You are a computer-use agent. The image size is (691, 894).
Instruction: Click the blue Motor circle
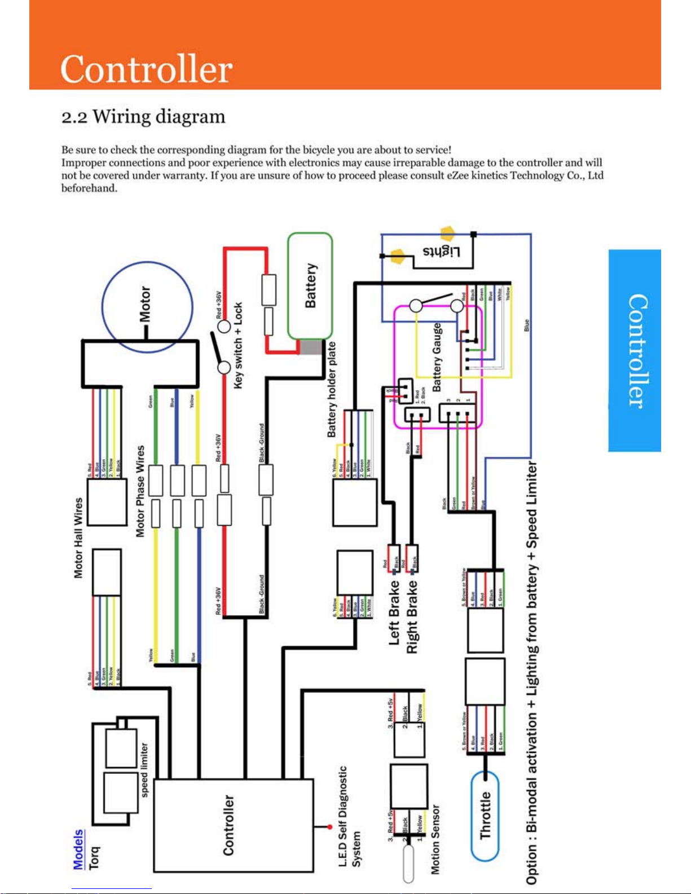(x=147, y=307)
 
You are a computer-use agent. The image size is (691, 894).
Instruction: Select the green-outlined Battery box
(x=310, y=285)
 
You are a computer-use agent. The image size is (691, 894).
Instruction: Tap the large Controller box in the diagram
(x=233, y=825)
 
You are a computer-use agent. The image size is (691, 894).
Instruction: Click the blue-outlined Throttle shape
(x=485, y=816)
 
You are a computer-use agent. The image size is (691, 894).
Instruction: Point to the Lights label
(x=442, y=252)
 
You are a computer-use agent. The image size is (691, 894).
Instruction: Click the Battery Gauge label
(x=437, y=358)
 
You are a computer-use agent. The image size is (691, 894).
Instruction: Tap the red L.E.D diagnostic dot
(x=329, y=827)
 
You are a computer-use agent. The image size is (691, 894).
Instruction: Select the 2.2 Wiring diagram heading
(x=143, y=117)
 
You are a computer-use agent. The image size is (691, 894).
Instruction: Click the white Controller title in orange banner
(x=146, y=69)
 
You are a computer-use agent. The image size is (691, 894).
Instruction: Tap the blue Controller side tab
(x=635, y=350)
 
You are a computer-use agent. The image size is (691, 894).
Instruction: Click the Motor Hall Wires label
(x=78, y=538)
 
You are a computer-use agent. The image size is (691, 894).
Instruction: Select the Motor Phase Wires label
(x=140, y=491)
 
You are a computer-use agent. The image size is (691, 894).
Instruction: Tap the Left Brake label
(x=394, y=613)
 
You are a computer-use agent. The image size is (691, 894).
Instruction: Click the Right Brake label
(x=412, y=616)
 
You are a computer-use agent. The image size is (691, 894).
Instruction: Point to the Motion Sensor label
(x=435, y=839)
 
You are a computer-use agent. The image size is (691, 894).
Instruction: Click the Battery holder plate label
(x=332, y=390)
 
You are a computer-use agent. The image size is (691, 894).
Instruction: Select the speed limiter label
(x=144, y=769)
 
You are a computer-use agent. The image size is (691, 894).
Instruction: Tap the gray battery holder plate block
(x=311, y=347)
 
